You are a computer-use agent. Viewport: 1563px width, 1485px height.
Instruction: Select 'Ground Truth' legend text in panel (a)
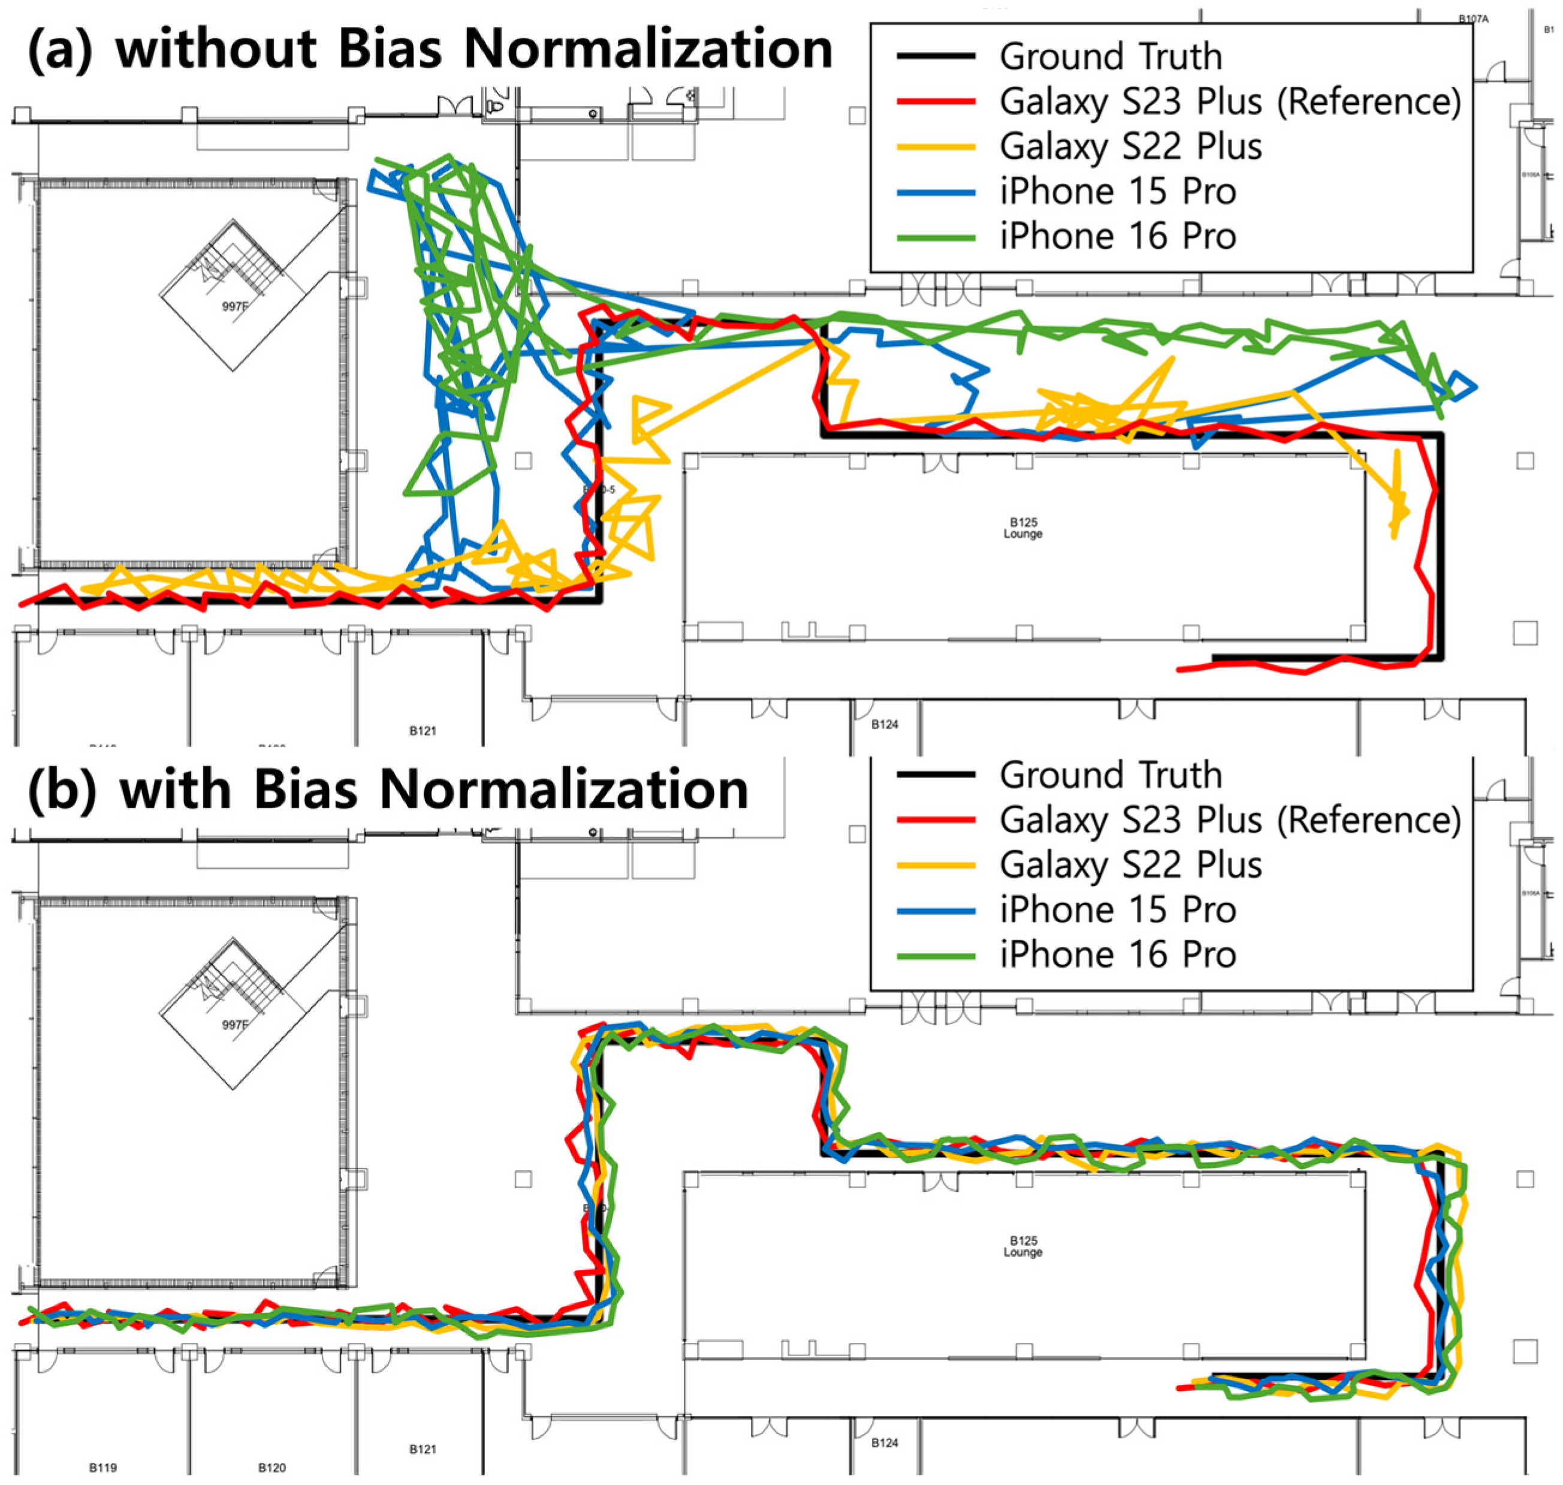[1111, 57]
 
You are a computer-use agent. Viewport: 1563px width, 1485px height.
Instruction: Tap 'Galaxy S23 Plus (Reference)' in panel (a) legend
[1229, 102]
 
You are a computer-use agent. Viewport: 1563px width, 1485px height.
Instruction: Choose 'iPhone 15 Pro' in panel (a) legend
[1118, 192]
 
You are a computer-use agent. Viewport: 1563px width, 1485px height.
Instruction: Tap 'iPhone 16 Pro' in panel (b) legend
[1118, 954]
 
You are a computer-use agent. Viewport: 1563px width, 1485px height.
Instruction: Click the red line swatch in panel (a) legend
[936, 102]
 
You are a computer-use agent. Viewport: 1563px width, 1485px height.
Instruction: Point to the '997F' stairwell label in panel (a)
[234, 306]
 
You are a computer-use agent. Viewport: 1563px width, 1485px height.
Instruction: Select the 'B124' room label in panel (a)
[884, 724]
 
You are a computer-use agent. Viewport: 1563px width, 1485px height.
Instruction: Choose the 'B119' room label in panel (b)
[103, 1468]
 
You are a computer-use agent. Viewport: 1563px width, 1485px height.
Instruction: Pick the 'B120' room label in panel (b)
[271, 1468]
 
